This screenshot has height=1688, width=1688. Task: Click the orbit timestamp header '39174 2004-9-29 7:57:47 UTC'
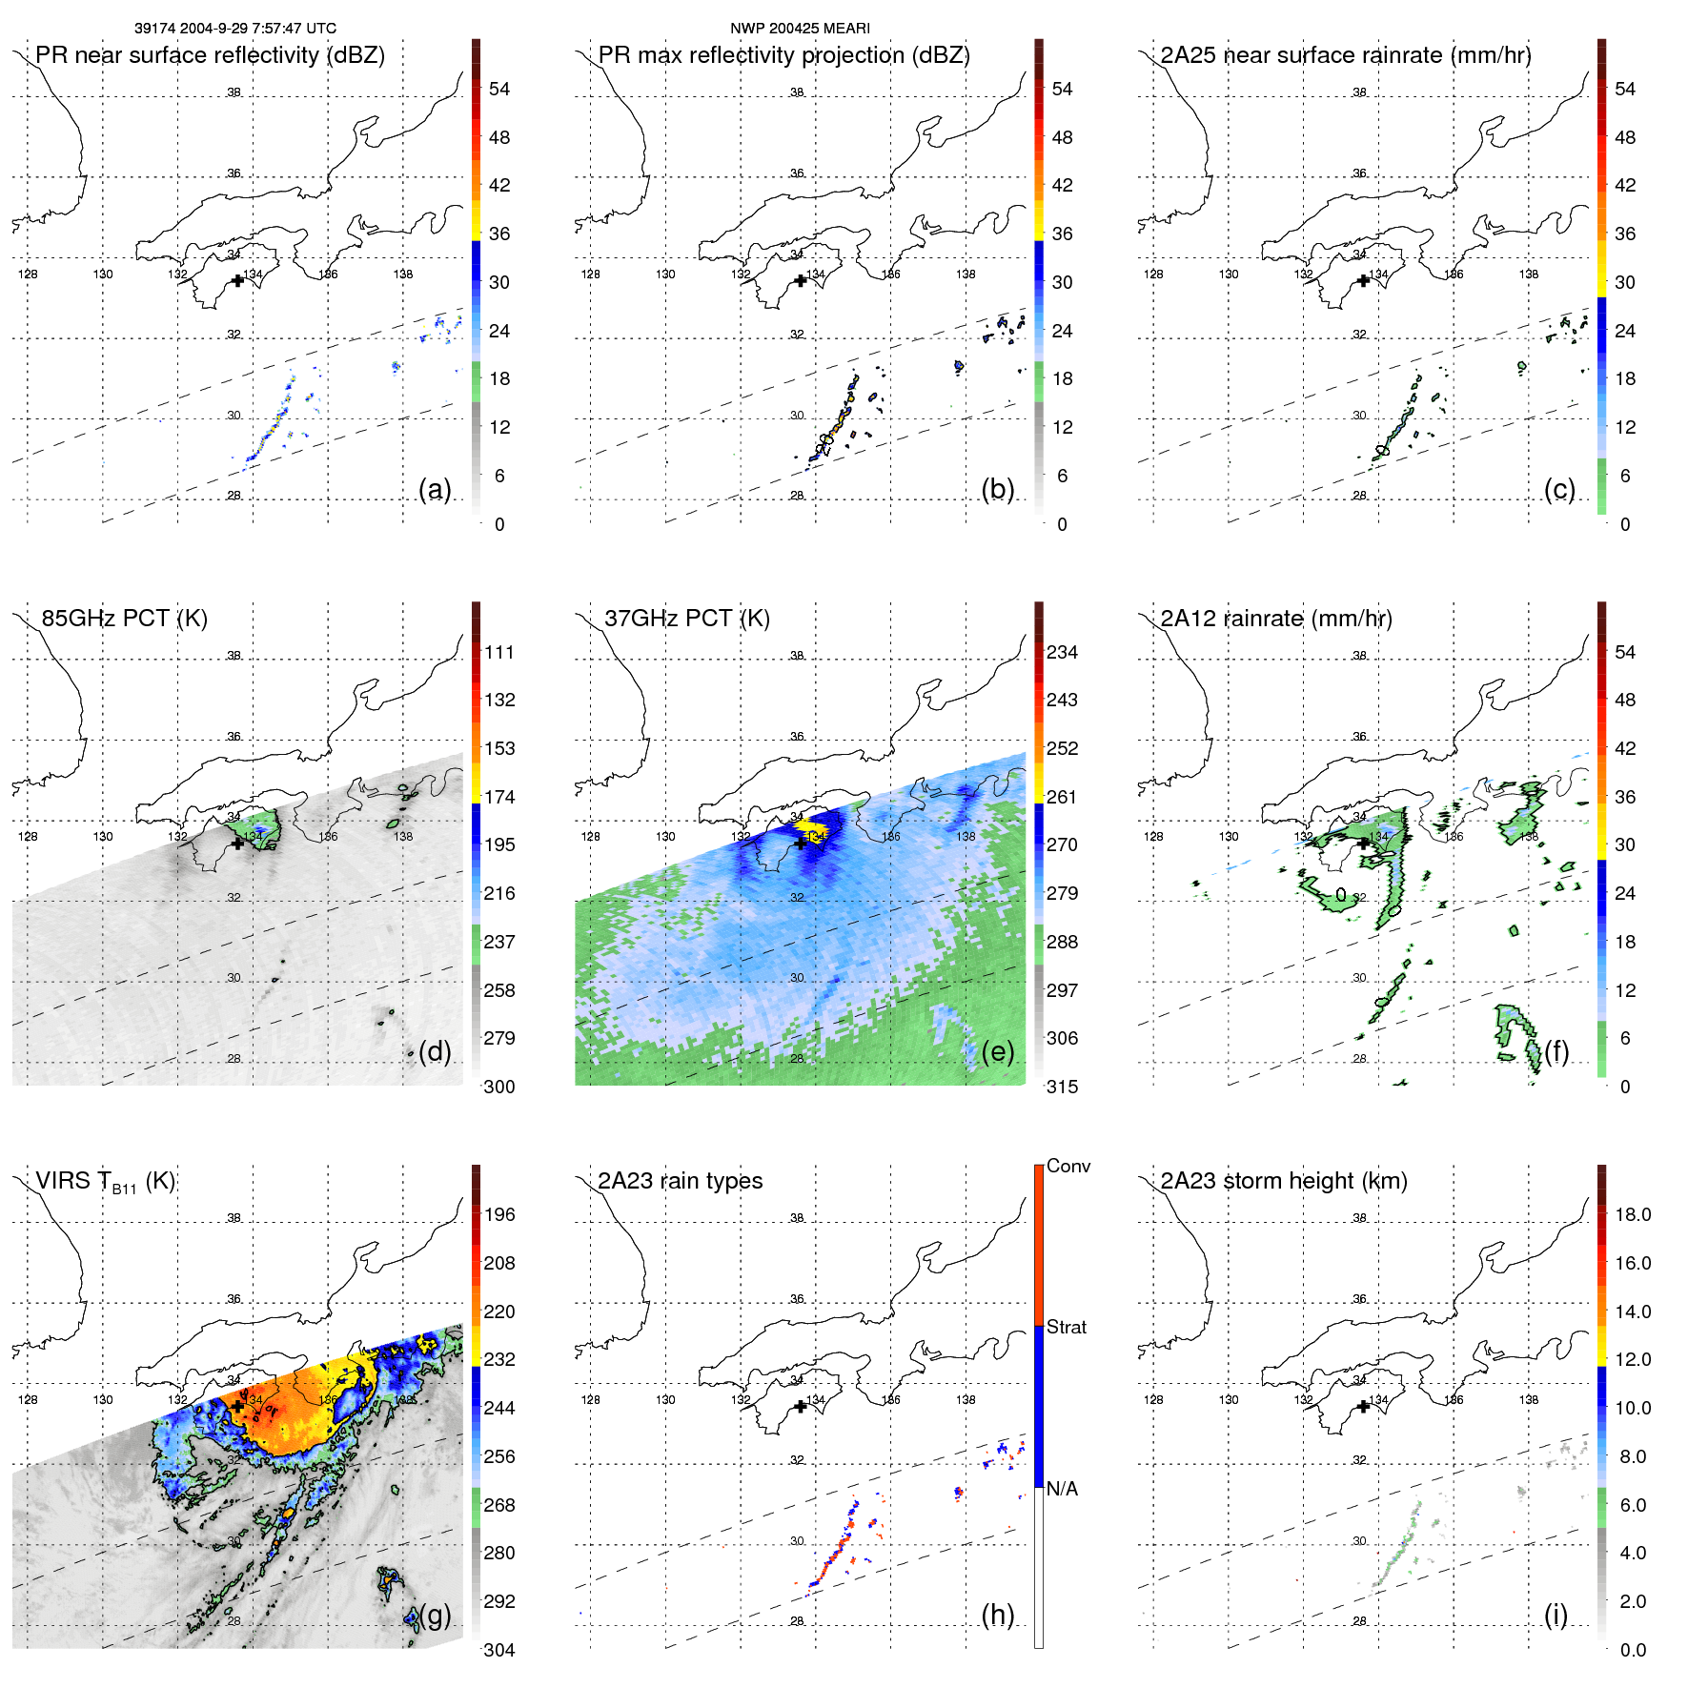(x=235, y=29)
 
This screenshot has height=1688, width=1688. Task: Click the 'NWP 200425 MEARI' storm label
(x=800, y=29)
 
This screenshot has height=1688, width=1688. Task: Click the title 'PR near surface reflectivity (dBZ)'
(x=210, y=55)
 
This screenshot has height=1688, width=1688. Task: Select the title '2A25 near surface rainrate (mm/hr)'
(x=1346, y=55)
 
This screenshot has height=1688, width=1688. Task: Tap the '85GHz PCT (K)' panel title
(x=124, y=619)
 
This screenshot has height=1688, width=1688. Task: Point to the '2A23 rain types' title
(x=680, y=1181)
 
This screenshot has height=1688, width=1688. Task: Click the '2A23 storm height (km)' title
(x=1284, y=1181)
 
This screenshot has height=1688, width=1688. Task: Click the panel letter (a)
(x=435, y=489)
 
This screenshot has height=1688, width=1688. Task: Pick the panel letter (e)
(x=997, y=1051)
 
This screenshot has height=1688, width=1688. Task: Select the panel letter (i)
(x=1556, y=1615)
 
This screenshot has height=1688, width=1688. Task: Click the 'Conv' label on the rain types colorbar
(x=1068, y=1166)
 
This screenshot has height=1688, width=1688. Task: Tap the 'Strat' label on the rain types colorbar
(x=1066, y=1327)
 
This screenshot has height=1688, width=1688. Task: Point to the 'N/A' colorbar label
(x=1062, y=1489)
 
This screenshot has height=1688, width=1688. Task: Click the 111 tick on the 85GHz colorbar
(x=499, y=652)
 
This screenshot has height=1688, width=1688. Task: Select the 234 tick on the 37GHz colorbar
(x=1062, y=652)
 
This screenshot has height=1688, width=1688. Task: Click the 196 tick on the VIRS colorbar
(x=499, y=1214)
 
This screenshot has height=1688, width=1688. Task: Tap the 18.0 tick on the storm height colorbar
(x=1633, y=1214)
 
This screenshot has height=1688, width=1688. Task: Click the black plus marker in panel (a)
(x=237, y=280)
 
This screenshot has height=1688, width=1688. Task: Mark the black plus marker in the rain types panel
(x=801, y=1406)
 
